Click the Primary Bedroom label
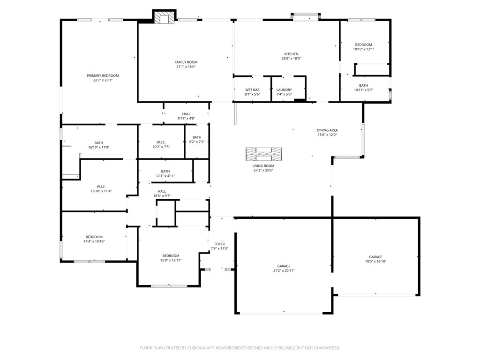tap(103, 75)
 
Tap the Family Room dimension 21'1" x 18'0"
tap(186, 67)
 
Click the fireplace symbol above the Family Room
tap(164, 17)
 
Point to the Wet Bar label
tap(252, 90)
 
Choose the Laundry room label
tap(284, 90)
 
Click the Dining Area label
tap(327, 130)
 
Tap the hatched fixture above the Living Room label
tap(263, 154)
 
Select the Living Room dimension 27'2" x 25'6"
tap(263, 170)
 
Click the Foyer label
tap(219, 244)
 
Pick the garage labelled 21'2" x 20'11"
tap(284, 268)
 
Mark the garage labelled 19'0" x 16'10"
tap(375, 259)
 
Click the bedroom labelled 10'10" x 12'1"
tap(363, 47)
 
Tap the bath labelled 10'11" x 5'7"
tap(363, 88)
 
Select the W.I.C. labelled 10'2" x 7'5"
tap(161, 144)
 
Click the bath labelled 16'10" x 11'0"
tap(98, 145)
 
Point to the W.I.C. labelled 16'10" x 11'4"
tap(101, 188)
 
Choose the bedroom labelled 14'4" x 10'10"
tap(94, 239)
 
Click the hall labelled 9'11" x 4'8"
tap(186, 116)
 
